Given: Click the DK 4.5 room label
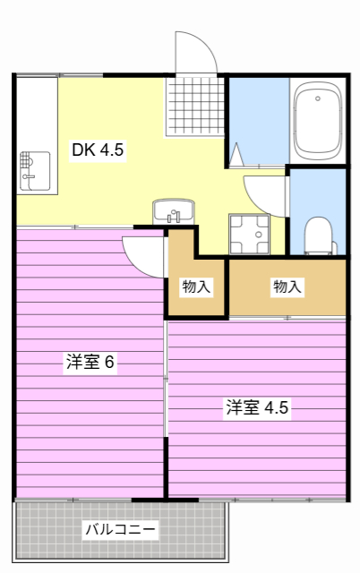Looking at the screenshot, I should pos(98,150).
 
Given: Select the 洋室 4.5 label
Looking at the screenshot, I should pos(257,407).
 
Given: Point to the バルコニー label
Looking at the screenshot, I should pos(120,529).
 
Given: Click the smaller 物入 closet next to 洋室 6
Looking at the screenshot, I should pos(196,286).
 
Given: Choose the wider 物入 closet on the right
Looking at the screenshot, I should pos(287,286).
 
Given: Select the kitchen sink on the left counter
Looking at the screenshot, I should pos(35,170).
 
